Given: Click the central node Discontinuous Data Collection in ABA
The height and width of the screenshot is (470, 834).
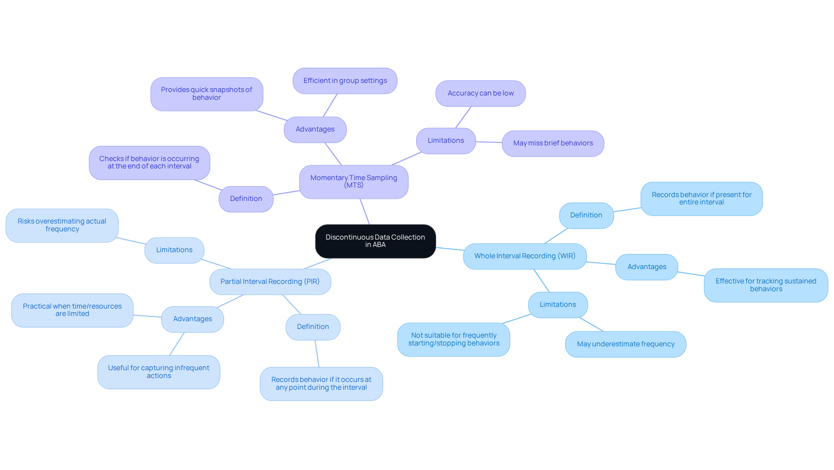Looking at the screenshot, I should point(375,241).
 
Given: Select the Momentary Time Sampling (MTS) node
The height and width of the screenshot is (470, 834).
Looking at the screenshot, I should point(354,182).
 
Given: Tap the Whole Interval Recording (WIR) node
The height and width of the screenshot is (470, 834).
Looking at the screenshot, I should point(525,256).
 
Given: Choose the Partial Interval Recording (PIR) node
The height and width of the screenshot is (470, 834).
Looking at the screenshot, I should point(270,282).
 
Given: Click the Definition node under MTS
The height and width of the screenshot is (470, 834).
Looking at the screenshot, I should point(246,199).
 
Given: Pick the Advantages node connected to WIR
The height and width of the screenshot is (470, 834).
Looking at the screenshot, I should point(646,267).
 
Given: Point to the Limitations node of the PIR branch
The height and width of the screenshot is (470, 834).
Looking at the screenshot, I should point(174,250).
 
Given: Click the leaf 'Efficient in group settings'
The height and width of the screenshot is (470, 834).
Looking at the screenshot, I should point(345,81).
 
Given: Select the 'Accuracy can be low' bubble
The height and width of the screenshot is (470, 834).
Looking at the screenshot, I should point(480,93).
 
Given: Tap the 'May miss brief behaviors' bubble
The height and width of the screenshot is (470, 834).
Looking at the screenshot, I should point(553,143).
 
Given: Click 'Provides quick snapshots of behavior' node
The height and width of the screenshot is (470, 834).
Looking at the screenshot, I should point(206,94).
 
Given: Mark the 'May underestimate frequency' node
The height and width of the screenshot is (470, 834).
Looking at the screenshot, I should point(625,344).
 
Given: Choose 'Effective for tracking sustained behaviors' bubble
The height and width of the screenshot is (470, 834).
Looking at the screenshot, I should point(765,285).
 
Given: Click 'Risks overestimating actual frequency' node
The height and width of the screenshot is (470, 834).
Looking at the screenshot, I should point(62,225).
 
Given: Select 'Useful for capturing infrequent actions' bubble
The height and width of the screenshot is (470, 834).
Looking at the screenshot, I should point(159,372).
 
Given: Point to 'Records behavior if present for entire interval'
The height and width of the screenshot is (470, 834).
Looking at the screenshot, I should point(701,199).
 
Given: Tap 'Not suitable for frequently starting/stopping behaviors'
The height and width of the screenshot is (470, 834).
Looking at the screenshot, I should point(453,339).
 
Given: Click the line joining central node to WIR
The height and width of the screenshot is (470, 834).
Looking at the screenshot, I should point(450,249).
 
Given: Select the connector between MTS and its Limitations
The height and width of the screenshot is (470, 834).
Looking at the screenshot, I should point(406,159).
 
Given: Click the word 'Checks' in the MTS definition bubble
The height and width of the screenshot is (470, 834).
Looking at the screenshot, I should point(111,159).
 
